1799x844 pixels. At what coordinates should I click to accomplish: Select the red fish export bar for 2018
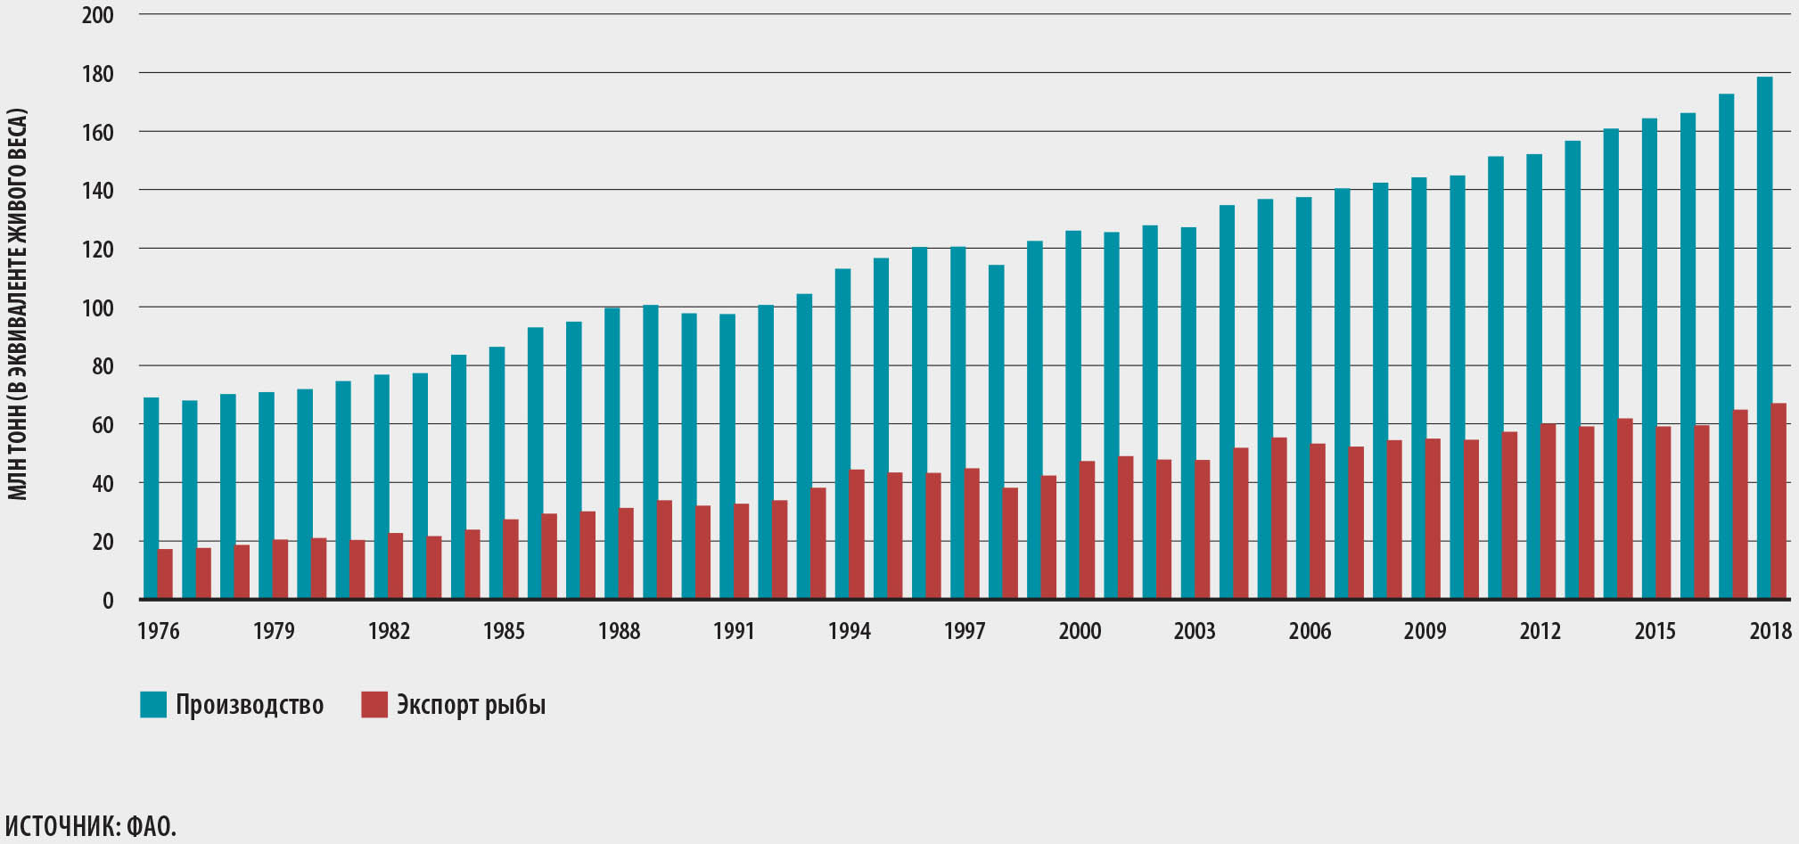tap(1778, 500)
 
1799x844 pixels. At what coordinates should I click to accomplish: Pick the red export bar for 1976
tap(165, 574)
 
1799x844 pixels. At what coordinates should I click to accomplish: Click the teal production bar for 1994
tap(842, 433)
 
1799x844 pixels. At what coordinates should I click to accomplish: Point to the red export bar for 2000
tap(1087, 529)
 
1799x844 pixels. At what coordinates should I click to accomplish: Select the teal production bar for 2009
tap(1418, 388)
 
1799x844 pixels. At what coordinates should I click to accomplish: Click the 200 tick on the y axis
tap(97, 15)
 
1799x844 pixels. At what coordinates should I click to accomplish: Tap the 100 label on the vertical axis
tap(97, 308)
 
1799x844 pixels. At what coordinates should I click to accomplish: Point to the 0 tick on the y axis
tap(108, 601)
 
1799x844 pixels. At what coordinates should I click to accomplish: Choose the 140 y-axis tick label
tap(97, 191)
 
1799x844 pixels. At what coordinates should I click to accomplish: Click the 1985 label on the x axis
tap(504, 631)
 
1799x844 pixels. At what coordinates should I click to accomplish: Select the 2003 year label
tap(1195, 631)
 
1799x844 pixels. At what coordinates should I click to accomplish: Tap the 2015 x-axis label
tap(1655, 631)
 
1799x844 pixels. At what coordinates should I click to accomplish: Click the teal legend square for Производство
tap(153, 704)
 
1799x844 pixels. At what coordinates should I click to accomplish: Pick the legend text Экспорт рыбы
tap(471, 705)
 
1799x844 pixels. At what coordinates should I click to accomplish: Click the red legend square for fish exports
tap(374, 704)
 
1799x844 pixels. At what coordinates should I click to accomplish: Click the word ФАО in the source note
tap(151, 826)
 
